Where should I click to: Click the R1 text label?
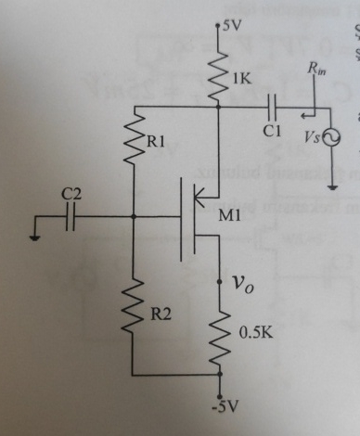click(x=159, y=144)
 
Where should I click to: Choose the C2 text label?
click(x=71, y=194)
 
